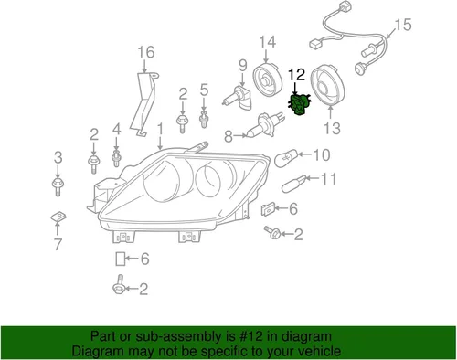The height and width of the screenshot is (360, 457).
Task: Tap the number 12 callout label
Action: click(297, 74)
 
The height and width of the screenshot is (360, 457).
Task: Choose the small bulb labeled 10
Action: click(286, 155)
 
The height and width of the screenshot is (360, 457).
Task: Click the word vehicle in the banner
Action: click(317, 351)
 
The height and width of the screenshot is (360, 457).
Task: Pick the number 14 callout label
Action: click(266, 42)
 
